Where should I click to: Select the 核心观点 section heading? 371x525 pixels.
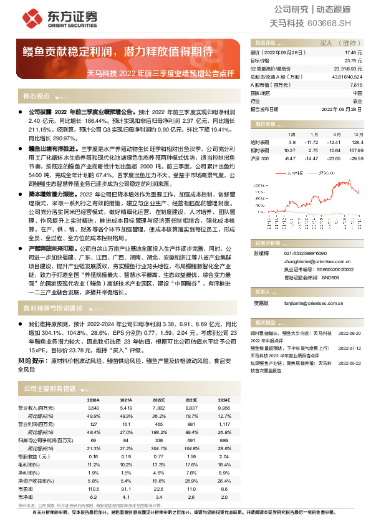tap(36, 96)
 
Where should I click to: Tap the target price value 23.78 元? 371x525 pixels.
tap(354, 61)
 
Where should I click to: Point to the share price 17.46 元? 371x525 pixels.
tap(354, 54)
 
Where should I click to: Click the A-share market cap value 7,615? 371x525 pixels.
tap(355, 84)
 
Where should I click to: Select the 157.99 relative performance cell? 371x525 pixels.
tap(355, 150)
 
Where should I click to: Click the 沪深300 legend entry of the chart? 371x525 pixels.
tap(324, 173)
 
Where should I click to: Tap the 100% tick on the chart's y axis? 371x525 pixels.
tap(260, 191)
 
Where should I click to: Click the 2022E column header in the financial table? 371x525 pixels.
tap(158, 400)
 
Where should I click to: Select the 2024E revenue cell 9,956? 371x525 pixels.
tap(224, 407)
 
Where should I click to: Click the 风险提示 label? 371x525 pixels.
tap(33, 361)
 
